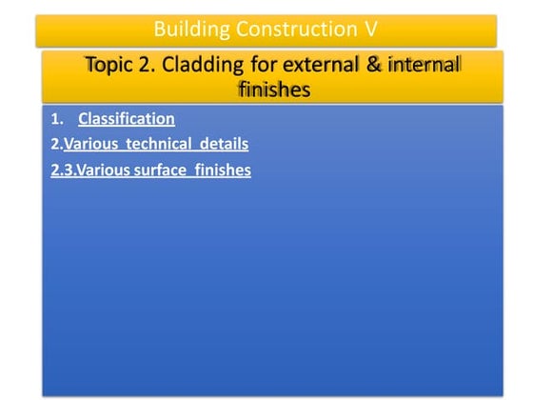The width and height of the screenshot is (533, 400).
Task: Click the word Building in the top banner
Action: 188,29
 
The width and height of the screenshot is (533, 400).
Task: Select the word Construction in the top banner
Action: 290,29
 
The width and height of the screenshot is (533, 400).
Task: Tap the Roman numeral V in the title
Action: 371,29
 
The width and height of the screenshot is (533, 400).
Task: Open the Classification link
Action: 127,119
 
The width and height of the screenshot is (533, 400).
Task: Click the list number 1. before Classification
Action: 58,120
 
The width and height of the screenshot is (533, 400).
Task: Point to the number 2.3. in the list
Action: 64,171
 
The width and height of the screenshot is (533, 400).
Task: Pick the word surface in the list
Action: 168,171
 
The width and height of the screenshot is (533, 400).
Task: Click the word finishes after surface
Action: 225,171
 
